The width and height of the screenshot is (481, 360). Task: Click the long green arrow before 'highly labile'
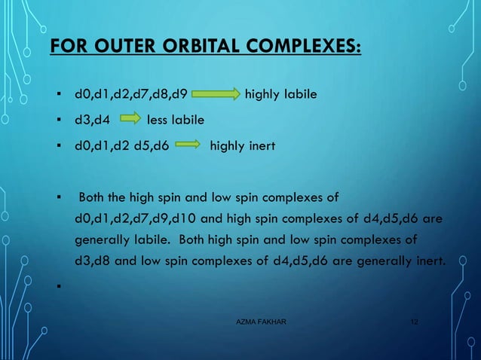tap(216, 96)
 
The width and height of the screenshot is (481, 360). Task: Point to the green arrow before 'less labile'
tap(131, 118)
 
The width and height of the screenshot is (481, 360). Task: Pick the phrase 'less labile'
tap(175, 118)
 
